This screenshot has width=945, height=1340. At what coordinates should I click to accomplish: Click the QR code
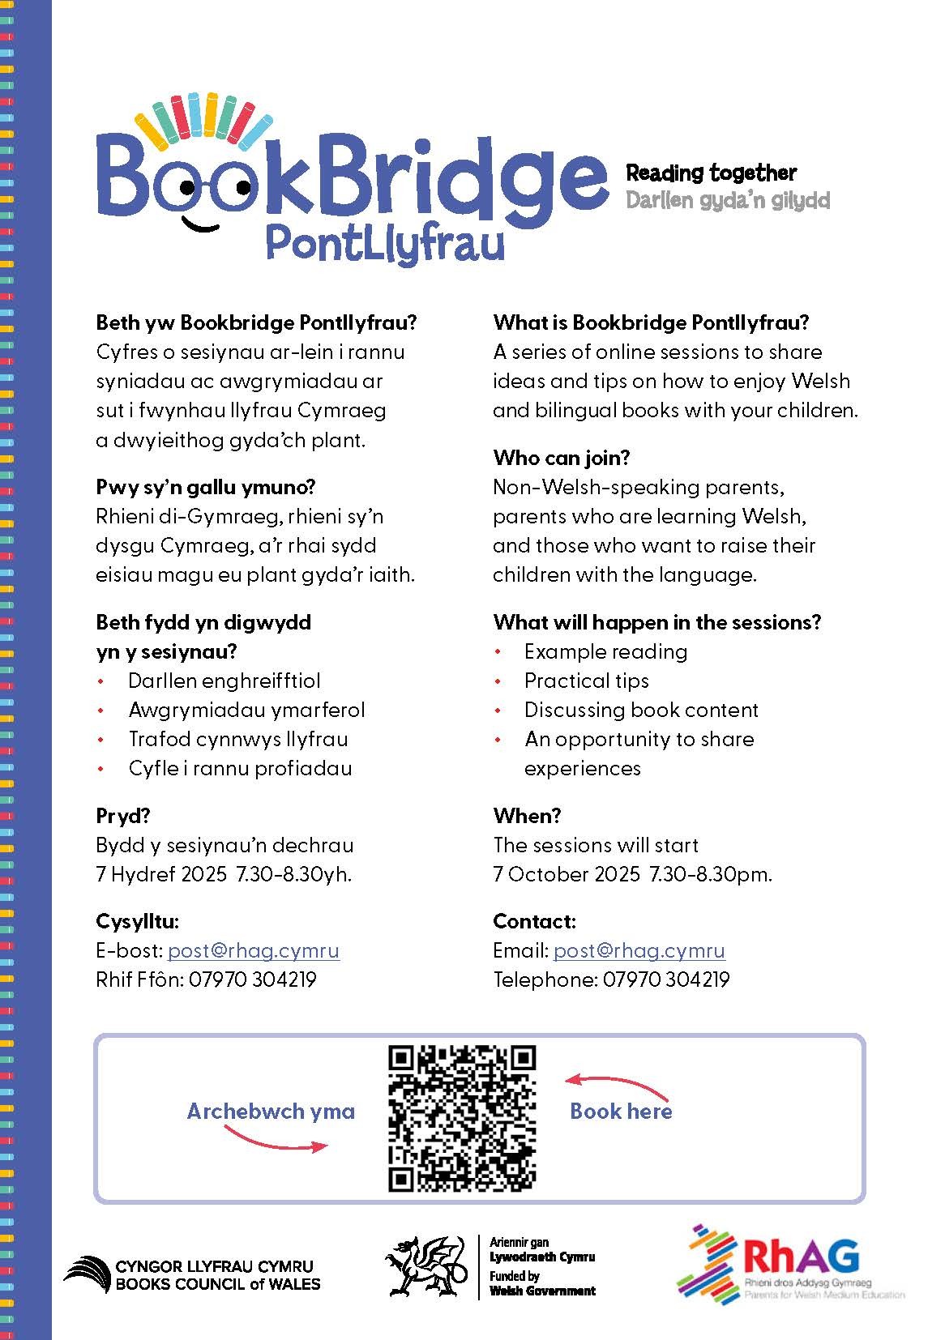coord(462,1118)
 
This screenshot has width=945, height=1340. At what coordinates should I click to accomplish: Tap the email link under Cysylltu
coord(253,950)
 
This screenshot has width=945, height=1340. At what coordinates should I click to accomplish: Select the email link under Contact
coord(639,950)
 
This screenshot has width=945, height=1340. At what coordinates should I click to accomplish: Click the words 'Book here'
coord(621,1111)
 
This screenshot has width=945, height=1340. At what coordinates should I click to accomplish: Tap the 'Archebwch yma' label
coord(271,1111)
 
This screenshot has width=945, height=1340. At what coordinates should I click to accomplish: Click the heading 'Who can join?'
coord(561,458)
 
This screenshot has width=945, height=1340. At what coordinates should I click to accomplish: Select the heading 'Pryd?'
coord(123,816)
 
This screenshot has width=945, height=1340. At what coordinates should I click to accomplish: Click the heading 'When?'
coord(527,816)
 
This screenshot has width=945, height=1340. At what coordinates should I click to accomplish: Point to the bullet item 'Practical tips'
coord(586,681)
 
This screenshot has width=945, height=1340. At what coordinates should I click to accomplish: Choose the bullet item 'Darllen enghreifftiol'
coord(224,681)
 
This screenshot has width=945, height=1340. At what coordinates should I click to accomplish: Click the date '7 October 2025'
coord(567,874)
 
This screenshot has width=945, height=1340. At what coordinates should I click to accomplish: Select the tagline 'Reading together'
coord(711,173)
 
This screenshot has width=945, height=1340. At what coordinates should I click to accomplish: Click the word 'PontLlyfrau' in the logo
coord(385,244)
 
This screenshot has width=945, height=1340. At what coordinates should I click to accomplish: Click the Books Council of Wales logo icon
coord(87,1274)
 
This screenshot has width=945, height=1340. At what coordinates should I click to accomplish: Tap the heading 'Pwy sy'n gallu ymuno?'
coord(206,487)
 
